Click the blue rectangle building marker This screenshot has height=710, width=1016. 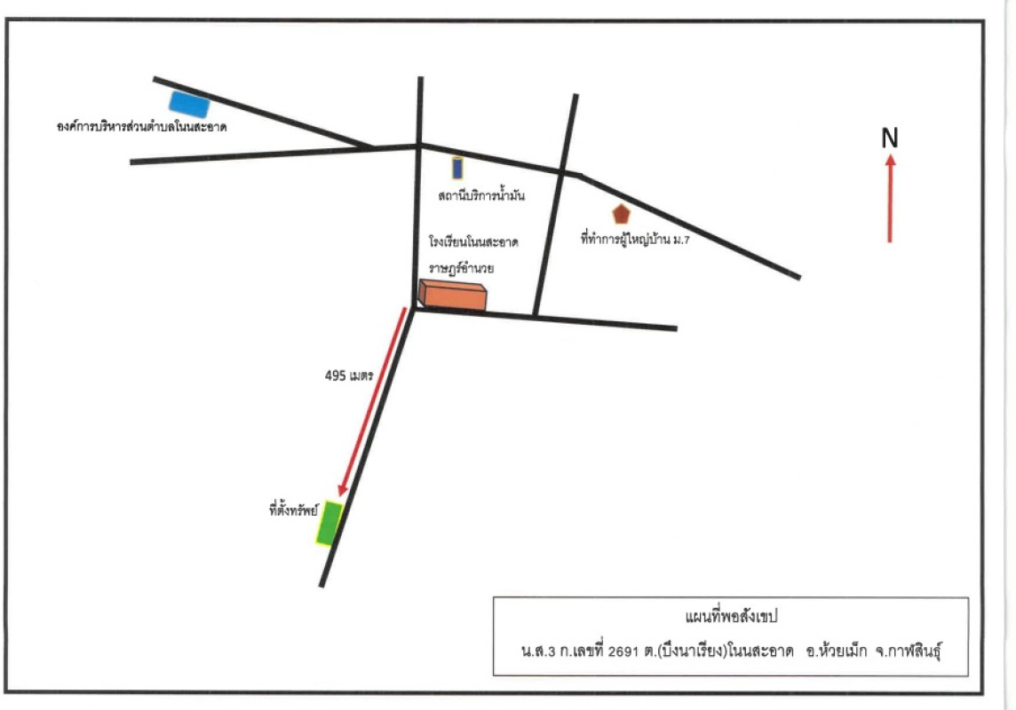click(x=189, y=104)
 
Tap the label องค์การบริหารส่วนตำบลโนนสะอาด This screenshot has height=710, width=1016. click(x=141, y=127)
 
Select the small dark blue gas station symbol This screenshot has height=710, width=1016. click(x=457, y=168)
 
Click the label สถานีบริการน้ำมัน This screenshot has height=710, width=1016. click(x=481, y=195)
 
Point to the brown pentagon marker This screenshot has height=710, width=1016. click(x=621, y=214)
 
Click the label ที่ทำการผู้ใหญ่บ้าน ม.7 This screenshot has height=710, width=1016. click(x=635, y=240)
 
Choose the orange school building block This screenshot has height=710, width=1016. click(x=452, y=296)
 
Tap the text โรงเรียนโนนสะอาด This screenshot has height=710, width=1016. click(x=473, y=242)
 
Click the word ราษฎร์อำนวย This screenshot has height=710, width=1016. click(x=461, y=267)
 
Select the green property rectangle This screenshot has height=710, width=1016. click(x=329, y=523)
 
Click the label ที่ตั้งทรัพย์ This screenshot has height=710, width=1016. click(x=294, y=509)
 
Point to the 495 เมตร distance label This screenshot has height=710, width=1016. click(x=349, y=375)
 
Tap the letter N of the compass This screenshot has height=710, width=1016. click(x=890, y=138)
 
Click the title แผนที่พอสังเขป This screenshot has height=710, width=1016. click(x=731, y=616)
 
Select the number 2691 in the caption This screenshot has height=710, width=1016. click(x=623, y=651)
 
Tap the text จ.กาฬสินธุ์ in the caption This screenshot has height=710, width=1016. click(x=908, y=651)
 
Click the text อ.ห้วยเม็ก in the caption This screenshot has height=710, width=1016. click(x=836, y=651)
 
